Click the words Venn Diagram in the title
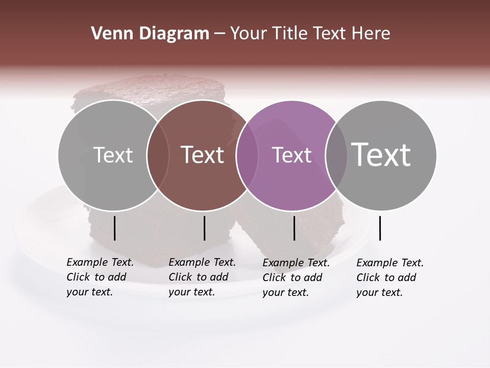click(x=150, y=34)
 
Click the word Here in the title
click(x=371, y=34)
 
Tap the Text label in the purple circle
click(x=291, y=155)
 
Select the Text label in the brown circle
click(x=203, y=155)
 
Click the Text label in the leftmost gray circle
click(x=113, y=155)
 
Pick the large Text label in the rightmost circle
click(x=381, y=154)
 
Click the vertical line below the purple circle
click(x=294, y=228)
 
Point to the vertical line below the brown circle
click(x=204, y=228)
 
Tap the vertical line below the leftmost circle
click(x=114, y=228)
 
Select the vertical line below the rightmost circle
click(x=380, y=228)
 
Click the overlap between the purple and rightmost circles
click(x=336, y=155)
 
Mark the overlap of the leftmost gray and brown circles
click(x=158, y=155)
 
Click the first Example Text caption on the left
click(x=100, y=277)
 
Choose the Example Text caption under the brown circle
click(x=202, y=277)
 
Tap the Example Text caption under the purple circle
click(x=296, y=277)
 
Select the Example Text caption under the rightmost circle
click(x=390, y=277)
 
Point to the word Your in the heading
click(x=249, y=34)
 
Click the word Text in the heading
click(x=330, y=34)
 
